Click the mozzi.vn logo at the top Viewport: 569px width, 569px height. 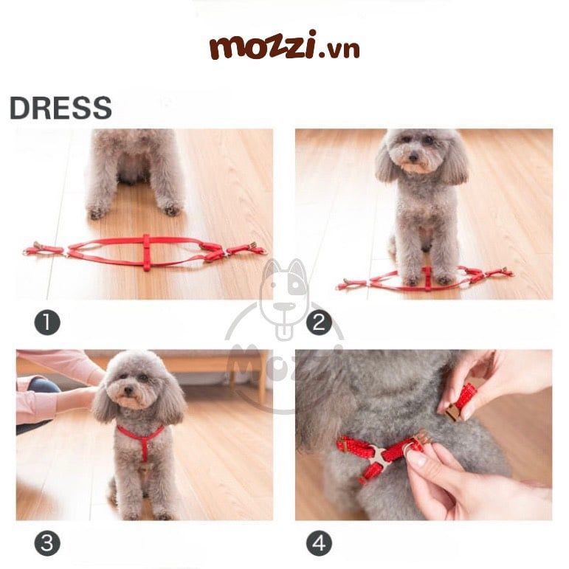click(285, 45)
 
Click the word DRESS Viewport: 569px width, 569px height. click(61, 108)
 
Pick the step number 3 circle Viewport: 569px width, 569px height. click(47, 543)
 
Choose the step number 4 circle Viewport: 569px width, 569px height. click(319, 543)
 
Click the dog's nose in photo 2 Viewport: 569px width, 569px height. click(413, 157)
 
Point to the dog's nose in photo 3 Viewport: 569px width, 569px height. click(128, 390)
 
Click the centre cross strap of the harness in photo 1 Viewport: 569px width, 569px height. click(146, 252)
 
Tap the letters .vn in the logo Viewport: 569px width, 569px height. click(339, 49)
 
